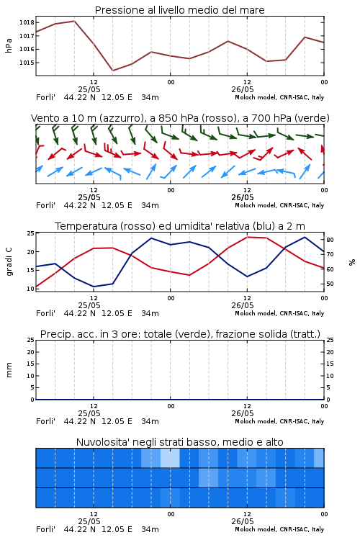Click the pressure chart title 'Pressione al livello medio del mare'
[179, 10]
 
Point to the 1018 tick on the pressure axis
[27, 22]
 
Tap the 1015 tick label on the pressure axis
[27, 63]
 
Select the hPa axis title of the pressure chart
[9, 45]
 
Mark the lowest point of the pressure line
[112, 71]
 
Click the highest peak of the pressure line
[74, 21]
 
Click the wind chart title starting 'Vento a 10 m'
[180, 118]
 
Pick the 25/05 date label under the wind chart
[89, 198]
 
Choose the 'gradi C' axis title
[9, 262]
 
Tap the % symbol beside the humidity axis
[352, 262]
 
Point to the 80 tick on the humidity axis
[330, 240]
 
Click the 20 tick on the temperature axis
[31, 252]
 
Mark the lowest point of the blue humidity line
[94, 287]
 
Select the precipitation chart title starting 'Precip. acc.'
[180, 334]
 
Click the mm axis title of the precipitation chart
[9, 370]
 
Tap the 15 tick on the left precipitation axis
[31, 364]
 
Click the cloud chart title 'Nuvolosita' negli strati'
[179, 442]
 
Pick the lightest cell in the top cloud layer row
[170, 458]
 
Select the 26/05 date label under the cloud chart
[243, 521]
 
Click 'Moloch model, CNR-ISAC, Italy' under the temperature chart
[279, 313]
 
